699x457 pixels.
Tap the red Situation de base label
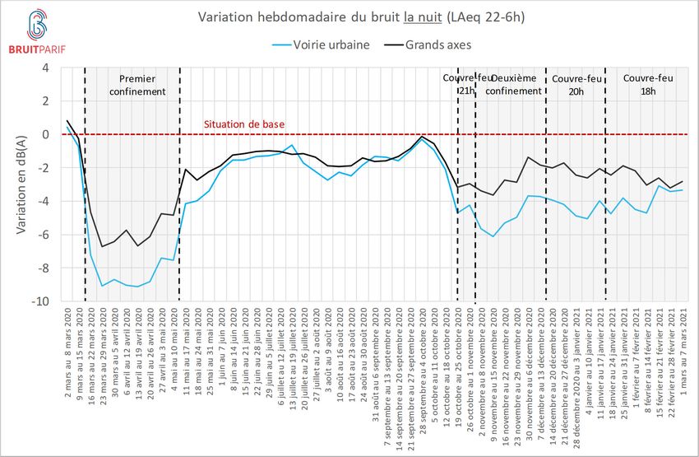click(244, 124)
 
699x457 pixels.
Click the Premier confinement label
click(132, 85)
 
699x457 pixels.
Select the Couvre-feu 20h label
click(574, 85)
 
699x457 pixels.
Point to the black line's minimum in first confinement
click(102, 246)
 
